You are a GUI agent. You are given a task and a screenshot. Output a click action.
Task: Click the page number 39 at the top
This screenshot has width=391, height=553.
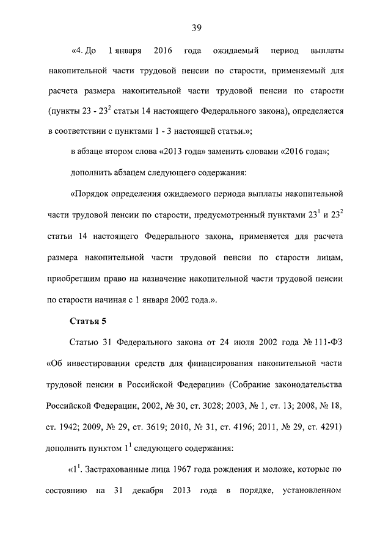click(197, 27)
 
